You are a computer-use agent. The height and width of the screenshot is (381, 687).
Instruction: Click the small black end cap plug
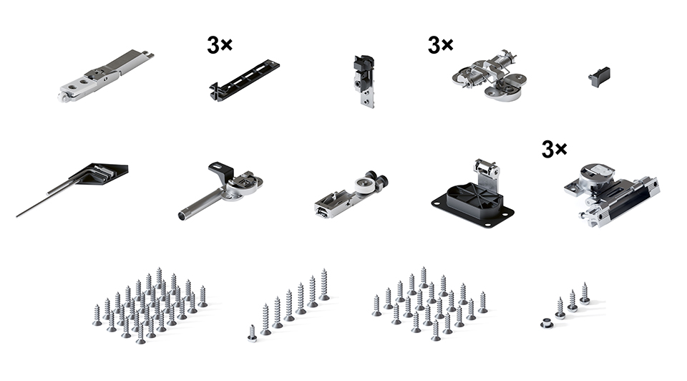(x=599, y=77)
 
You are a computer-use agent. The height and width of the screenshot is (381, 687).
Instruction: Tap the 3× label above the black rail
(x=220, y=44)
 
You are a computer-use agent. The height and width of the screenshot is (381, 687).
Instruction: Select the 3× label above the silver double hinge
(x=440, y=44)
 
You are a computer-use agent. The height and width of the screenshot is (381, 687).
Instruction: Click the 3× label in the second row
(x=554, y=149)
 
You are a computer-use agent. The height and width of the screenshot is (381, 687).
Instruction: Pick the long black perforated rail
(x=244, y=81)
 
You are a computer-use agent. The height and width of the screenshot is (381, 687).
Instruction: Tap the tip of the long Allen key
(x=17, y=216)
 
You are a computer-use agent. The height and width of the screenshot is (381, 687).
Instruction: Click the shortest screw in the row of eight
(x=252, y=333)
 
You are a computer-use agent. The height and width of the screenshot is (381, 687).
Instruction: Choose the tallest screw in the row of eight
(x=323, y=284)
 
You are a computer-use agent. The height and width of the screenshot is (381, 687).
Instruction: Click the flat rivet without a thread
(x=546, y=324)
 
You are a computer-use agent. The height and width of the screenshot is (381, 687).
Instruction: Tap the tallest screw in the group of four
(x=585, y=293)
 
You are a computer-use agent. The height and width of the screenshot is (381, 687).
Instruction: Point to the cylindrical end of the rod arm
(x=182, y=216)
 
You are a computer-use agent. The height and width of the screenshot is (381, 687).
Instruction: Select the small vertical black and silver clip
(x=364, y=81)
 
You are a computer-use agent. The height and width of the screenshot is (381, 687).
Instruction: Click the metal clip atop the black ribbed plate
(x=486, y=171)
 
